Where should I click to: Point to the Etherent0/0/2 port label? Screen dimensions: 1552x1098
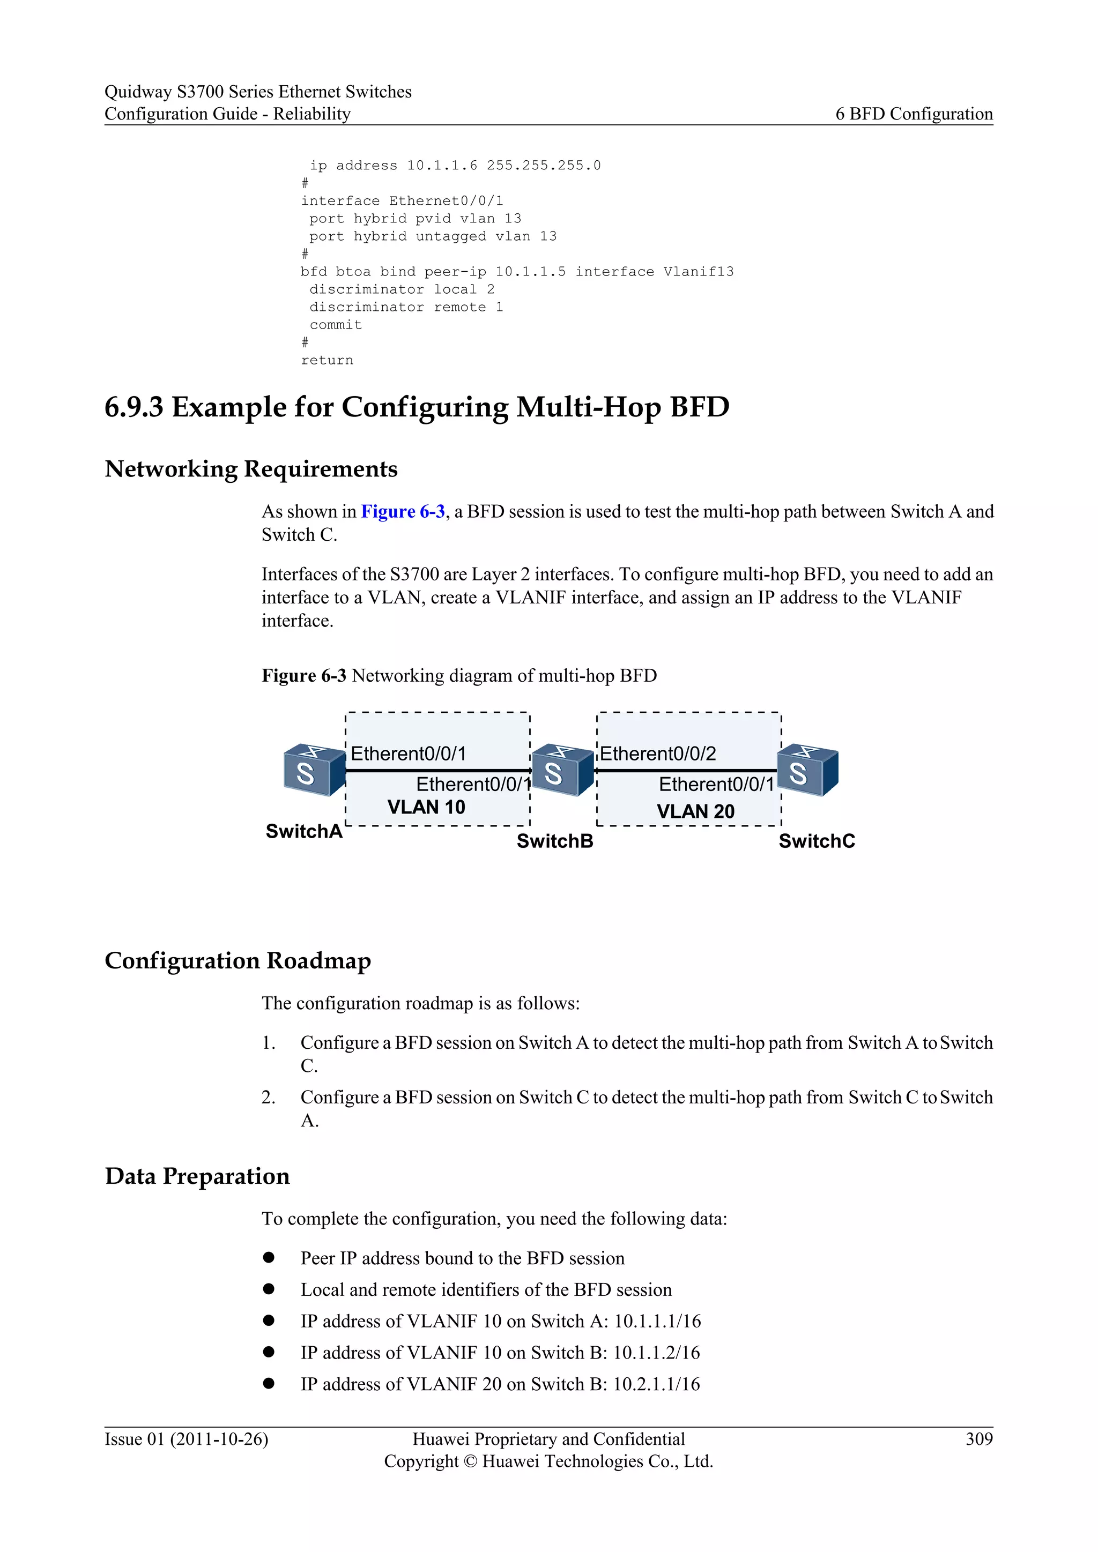point(657,753)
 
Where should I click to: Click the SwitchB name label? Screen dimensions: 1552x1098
point(554,841)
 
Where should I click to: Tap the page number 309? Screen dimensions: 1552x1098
point(979,1439)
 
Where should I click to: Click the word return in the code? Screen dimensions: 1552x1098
point(327,360)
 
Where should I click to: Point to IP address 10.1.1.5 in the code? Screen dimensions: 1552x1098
point(530,272)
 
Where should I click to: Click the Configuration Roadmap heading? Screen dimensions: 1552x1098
point(238,960)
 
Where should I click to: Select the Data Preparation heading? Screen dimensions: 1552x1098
point(197,1176)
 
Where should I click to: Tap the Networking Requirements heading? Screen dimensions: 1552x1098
point(251,469)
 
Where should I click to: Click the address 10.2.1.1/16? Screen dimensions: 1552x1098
point(656,1384)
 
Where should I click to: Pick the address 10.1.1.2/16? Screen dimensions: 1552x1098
point(656,1353)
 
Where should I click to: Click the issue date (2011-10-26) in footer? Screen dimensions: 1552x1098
point(219,1439)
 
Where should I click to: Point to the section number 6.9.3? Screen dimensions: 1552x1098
point(134,407)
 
